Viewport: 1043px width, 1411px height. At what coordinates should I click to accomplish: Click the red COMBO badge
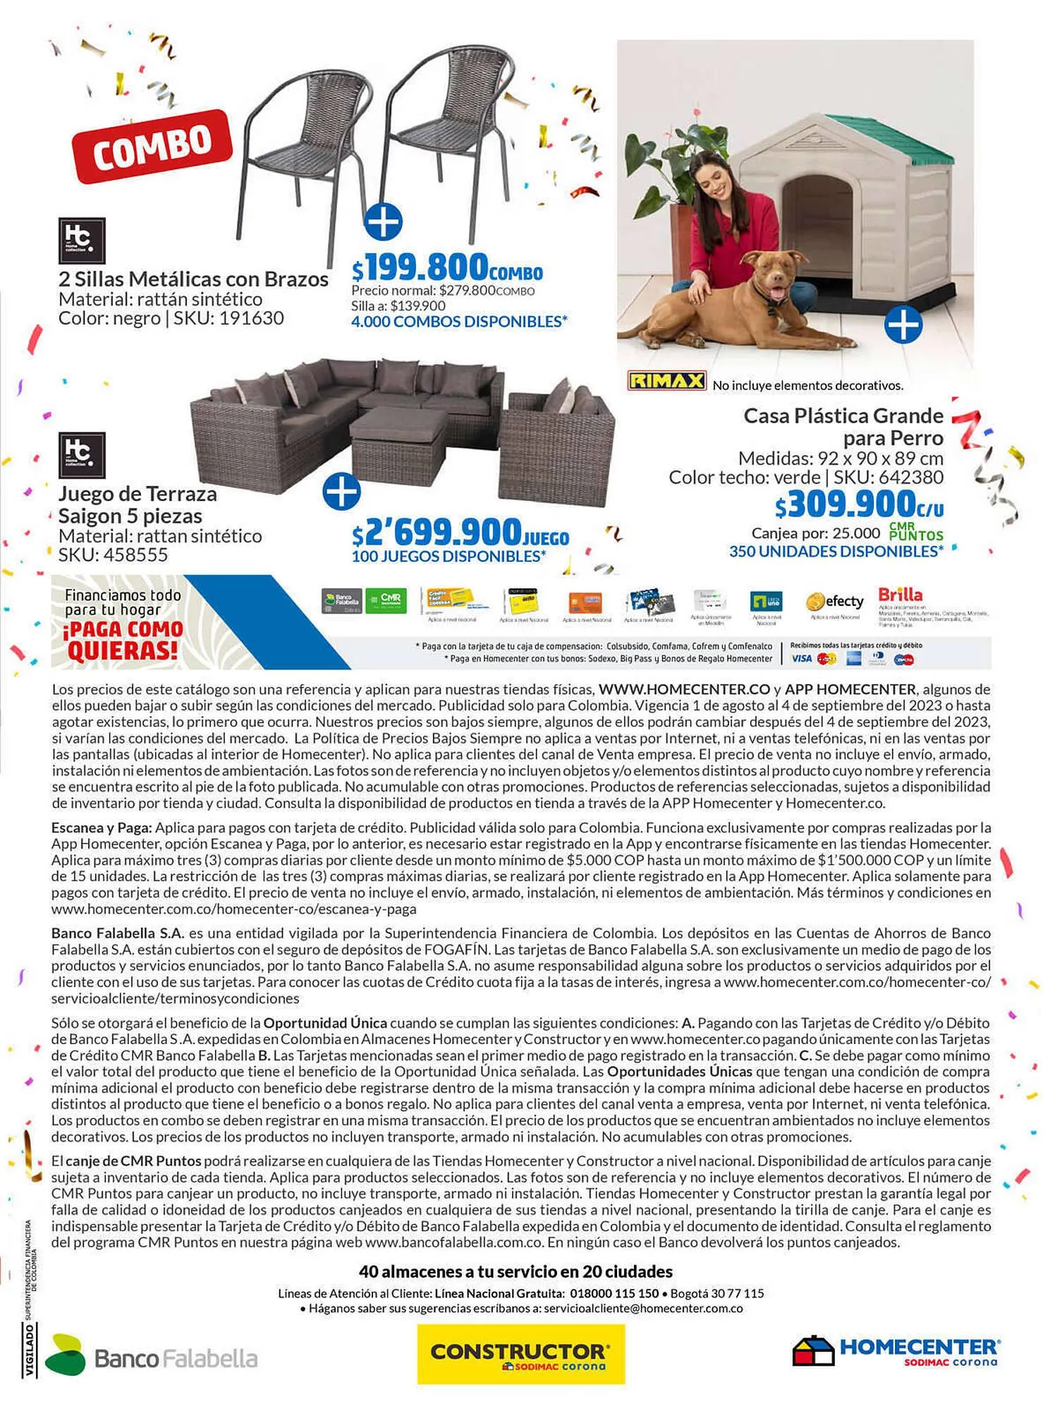click(152, 147)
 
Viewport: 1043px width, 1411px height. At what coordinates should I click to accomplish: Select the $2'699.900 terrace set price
click(460, 532)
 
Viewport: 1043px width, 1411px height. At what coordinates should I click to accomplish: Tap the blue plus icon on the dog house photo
click(903, 325)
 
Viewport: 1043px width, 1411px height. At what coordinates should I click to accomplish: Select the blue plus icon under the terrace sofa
click(341, 491)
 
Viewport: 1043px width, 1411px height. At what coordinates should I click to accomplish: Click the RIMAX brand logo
click(666, 382)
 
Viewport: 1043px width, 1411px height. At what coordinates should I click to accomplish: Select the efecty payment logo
click(835, 602)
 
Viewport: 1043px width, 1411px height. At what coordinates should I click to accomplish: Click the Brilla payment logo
click(900, 594)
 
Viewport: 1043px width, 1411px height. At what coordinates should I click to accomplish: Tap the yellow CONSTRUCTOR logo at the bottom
click(520, 1354)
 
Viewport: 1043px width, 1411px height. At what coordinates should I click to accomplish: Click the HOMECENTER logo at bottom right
click(896, 1350)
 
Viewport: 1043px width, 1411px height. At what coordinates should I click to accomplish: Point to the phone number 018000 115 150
click(614, 1294)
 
